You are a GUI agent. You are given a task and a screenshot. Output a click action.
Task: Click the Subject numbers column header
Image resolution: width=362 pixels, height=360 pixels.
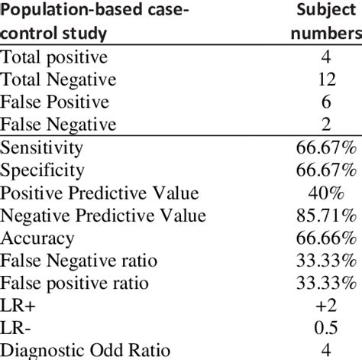(x=327, y=21)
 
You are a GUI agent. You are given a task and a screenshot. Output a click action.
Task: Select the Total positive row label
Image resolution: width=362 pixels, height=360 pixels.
(x=54, y=57)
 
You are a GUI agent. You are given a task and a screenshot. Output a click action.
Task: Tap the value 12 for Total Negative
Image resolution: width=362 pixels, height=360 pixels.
(x=327, y=79)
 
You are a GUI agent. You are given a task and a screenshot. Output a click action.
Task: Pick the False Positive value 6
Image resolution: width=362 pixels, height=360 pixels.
(x=326, y=102)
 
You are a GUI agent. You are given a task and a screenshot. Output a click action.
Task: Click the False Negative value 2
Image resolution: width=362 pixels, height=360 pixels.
(x=326, y=125)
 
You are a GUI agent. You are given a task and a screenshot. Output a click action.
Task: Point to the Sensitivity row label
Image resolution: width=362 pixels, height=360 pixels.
(x=41, y=148)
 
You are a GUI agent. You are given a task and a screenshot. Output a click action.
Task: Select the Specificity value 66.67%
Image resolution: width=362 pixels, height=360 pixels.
(x=326, y=170)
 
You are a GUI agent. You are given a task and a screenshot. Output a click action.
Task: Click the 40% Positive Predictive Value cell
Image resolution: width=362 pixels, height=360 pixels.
(x=326, y=193)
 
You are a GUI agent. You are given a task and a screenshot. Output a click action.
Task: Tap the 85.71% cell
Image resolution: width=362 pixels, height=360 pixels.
(x=326, y=216)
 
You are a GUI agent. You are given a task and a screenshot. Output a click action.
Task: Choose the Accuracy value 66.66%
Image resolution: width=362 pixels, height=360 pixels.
(x=326, y=238)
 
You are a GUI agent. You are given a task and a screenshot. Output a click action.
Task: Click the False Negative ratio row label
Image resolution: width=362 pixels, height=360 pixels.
(x=79, y=261)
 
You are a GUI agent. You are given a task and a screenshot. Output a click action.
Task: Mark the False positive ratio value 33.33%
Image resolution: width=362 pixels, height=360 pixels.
(x=326, y=283)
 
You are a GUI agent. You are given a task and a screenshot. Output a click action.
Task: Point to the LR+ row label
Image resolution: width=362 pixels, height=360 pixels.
(x=18, y=306)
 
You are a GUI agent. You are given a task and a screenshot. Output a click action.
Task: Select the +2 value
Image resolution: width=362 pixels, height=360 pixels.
(x=326, y=306)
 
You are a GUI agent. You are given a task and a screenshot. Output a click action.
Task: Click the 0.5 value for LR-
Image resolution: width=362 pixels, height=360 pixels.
(x=326, y=328)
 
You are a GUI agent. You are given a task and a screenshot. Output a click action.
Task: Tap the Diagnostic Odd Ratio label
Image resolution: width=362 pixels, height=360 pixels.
(x=85, y=351)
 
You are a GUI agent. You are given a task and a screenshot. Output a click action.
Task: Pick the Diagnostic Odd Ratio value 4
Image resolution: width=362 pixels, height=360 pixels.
(x=326, y=350)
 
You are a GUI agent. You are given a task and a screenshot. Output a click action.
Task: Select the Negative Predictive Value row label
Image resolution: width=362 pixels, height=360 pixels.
(x=103, y=216)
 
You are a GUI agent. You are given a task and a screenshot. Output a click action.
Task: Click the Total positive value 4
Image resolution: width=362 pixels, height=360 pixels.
(x=326, y=57)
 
